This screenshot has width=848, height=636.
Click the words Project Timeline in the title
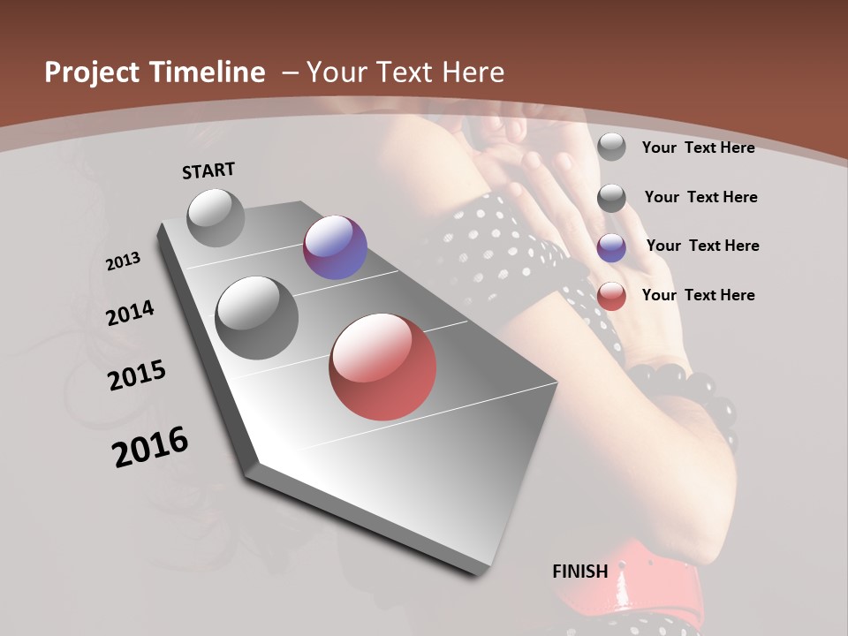[x=155, y=72]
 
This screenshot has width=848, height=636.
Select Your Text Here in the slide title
[x=405, y=72]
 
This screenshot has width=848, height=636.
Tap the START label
[x=208, y=170]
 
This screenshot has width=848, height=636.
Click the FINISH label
[x=580, y=572]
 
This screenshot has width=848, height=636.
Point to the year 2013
[x=123, y=261]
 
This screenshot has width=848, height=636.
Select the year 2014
[x=130, y=313]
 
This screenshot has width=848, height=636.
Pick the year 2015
[x=137, y=375]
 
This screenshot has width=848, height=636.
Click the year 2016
[x=150, y=446]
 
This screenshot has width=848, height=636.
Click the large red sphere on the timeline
[x=382, y=366]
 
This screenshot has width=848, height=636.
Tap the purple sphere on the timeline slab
[x=335, y=247]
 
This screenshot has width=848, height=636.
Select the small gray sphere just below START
[x=216, y=217]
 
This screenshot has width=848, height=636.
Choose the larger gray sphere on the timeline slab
[x=257, y=317]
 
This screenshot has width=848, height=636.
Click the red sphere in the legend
[x=611, y=296]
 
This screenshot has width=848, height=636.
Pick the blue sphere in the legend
[x=611, y=247]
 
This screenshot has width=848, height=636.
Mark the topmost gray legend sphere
[x=611, y=147]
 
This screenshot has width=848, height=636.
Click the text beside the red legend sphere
[x=698, y=295]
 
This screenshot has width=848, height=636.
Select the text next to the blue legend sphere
[x=702, y=246]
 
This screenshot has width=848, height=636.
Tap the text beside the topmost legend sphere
[x=698, y=148]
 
